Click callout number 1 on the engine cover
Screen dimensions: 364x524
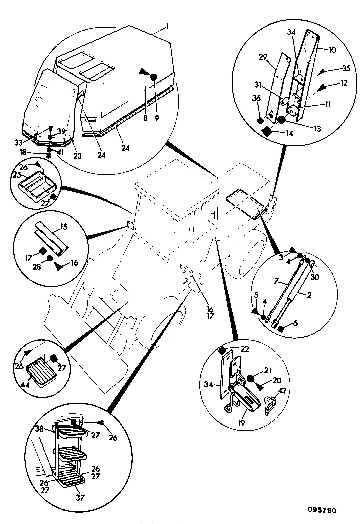[167, 26]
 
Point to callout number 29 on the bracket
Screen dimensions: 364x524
[263, 57]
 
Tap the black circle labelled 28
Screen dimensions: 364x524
[49, 258]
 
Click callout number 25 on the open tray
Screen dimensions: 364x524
[17, 175]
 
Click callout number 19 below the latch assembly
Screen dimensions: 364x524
[242, 423]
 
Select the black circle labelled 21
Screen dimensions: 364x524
[251, 378]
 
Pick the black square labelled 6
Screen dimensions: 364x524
[280, 329]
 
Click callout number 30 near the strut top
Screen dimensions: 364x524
[315, 277]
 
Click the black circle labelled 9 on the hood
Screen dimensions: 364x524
[154, 77]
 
